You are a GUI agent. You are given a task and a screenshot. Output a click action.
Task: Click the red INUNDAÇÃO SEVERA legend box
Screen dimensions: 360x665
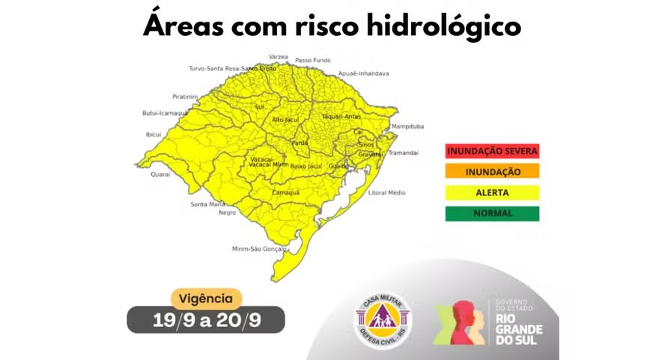[x=492, y=150]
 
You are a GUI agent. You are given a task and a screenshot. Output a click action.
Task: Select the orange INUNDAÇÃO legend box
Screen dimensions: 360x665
[x=492, y=171]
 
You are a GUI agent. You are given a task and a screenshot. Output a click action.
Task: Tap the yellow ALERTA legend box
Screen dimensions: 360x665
[x=492, y=192]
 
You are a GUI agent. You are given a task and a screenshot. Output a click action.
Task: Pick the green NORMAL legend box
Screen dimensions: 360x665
[x=492, y=213]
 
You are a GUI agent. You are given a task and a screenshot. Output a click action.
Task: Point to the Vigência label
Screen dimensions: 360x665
[x=207, y=298]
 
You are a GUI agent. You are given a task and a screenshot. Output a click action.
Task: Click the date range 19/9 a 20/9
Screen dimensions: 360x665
[x=206, y=320]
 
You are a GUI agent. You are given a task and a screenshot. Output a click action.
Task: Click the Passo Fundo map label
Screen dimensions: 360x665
[x=314, y=59]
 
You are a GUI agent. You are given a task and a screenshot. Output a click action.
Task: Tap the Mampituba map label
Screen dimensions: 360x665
[x=408, y=126]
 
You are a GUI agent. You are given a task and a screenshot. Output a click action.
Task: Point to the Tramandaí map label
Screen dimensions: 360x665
[x=403, y=153]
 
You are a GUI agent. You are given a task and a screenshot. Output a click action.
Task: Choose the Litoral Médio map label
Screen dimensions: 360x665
[x=386, y=192]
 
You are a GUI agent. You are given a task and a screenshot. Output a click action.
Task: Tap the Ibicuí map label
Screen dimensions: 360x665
[x=153, y=135]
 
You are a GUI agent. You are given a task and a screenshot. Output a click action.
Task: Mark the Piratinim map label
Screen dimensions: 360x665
[x=184, y=97]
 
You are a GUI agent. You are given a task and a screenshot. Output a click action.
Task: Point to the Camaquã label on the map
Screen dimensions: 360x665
[x=285, y=192]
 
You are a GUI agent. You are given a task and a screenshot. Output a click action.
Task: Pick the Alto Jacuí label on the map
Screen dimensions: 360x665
[x=285, y=120]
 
